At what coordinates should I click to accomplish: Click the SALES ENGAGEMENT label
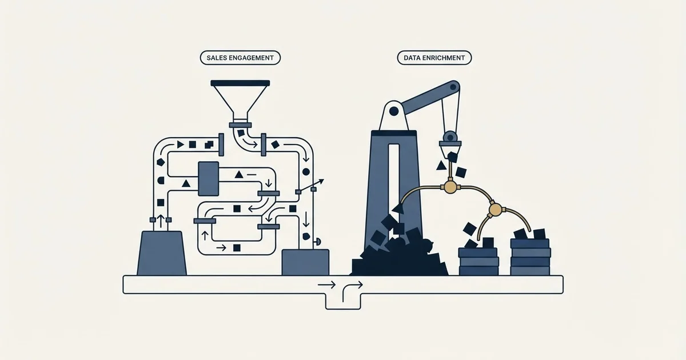tap(240, 58)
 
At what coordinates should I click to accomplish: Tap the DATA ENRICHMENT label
tap(434, 58)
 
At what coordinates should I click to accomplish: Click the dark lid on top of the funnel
tap(240, 83)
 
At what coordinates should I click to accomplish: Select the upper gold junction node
tap(450, 186)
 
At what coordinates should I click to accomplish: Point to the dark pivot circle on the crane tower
tap(394, 111)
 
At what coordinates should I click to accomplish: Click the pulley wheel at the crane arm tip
tap(453, 87)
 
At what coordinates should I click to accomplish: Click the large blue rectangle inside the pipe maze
tap(209, 179)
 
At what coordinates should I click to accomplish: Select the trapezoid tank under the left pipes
tap(161, 253)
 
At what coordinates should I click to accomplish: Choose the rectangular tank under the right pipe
tap(305, 262)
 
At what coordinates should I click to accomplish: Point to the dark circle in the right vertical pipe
tap(306, 172)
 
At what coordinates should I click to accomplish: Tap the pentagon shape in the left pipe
tap(161, 162)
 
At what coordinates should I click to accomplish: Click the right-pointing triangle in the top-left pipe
tap(181, 145)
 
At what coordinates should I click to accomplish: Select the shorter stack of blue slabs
tap(478, 262)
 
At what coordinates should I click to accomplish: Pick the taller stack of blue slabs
tap(530, 257)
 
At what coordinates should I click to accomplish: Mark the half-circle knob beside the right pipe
tap(318, 242)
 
